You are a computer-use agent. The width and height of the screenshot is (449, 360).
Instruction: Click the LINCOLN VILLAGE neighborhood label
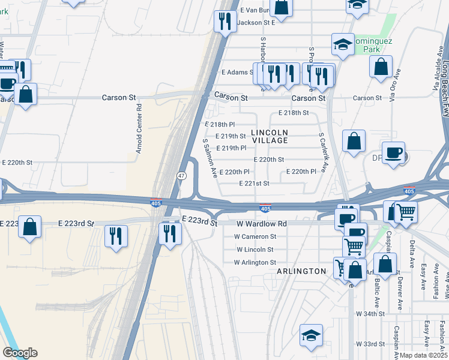[270, 136]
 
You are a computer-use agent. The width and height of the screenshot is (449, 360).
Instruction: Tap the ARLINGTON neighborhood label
[301, 271]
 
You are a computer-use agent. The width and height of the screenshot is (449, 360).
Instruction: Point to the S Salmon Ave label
[209, 158]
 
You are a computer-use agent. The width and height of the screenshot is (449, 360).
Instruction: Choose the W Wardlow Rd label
[261, 224]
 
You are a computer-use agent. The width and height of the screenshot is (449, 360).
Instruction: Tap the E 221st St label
[254, 184]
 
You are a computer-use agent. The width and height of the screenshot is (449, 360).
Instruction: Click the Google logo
[20, 353]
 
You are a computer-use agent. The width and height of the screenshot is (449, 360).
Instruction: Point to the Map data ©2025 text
[424, 355]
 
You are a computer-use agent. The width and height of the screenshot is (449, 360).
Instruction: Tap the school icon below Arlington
[312, 335]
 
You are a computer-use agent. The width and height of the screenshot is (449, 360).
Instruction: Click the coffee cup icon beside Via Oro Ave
[393, 152]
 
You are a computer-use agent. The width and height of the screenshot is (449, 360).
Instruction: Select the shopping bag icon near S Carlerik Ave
[354, 141]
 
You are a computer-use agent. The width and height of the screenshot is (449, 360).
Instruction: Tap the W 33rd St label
[370, 344]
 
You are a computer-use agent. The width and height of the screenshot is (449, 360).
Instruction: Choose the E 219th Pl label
[231, 148]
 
